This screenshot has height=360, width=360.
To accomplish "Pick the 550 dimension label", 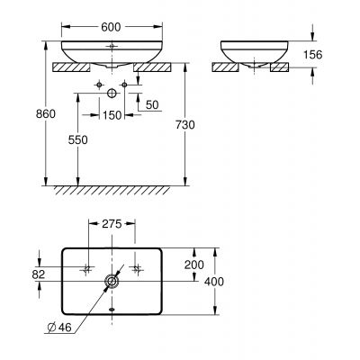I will (77, 140).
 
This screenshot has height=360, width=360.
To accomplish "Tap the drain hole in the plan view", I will (111, 282).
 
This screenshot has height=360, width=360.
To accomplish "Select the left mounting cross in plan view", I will (87, 268).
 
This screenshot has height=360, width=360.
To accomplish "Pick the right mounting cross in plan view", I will (135, 268).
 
